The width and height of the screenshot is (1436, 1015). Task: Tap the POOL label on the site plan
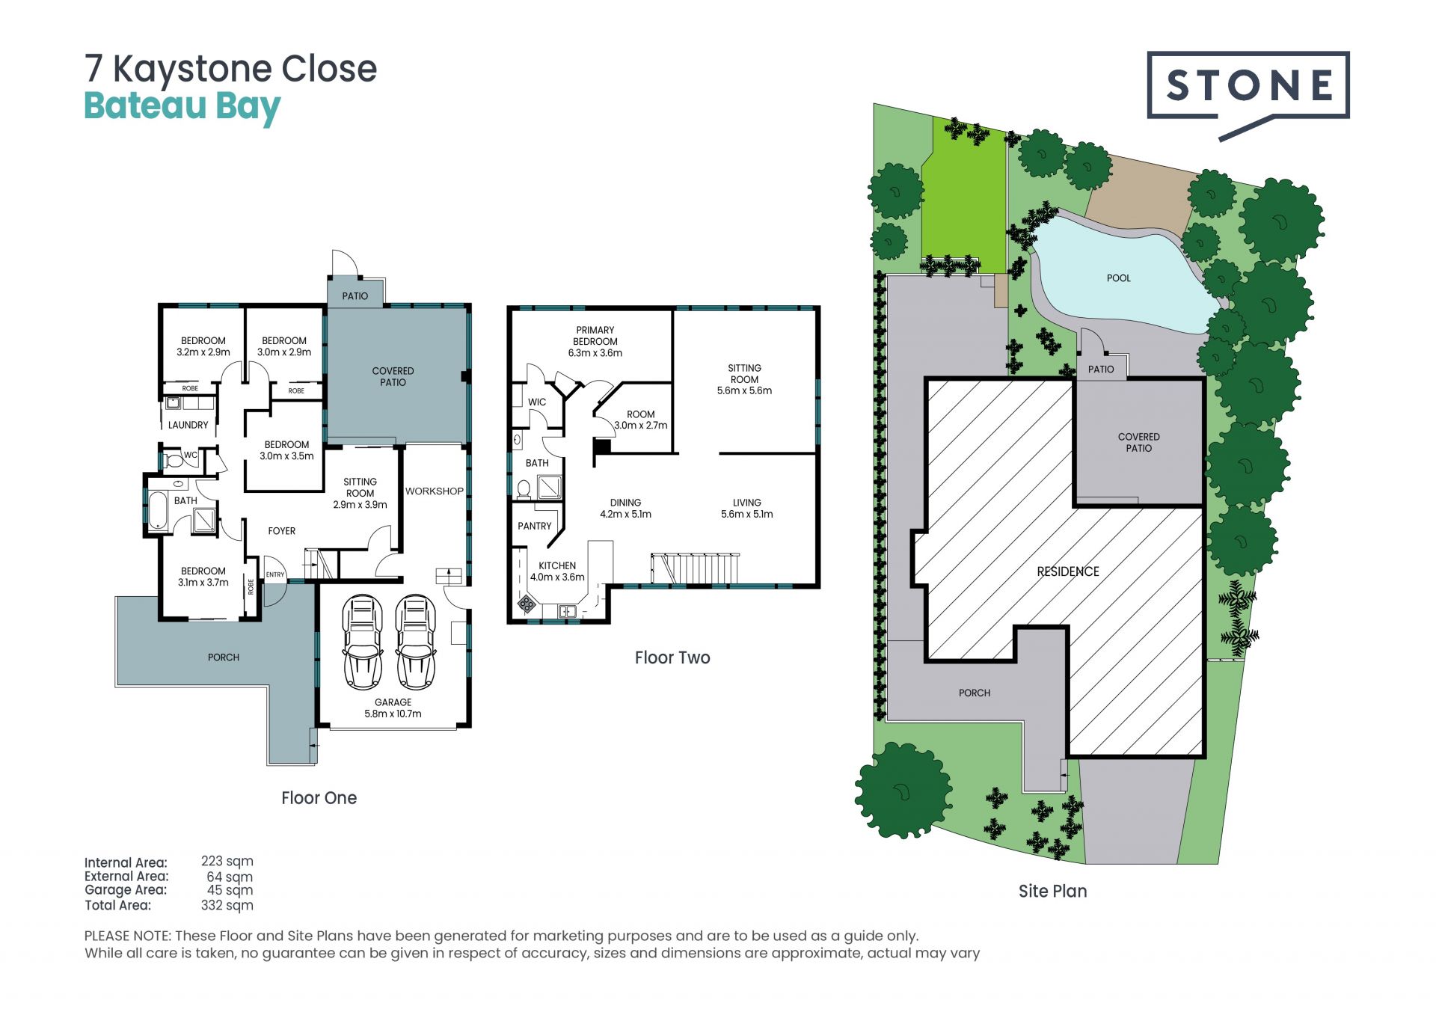(x=1118, y=278)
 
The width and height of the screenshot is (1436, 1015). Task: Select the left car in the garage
(x=363, y=642)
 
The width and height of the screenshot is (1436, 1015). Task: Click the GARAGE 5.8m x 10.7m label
(x=393, y=708)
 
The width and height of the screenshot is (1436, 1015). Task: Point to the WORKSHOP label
(x=434, y=491)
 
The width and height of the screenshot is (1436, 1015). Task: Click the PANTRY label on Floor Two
(x=534, y=527)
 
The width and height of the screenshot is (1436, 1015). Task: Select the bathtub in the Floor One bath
(x=158, y=511)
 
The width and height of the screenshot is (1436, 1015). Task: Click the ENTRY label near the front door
(x=275, y=574)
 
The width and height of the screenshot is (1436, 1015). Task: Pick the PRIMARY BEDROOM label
(x=595, y=341)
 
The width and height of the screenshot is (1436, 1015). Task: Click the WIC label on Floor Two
(x=537, y=402)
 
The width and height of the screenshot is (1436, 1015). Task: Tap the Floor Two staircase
(x=695, y=568)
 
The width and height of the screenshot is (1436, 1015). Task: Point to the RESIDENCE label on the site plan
(x=1067, y=571)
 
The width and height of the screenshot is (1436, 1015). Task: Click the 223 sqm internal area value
(x=227, y=861)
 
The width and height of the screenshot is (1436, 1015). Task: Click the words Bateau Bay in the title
(x=182, y=107)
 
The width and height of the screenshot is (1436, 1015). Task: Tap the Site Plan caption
(x=1052, y=891)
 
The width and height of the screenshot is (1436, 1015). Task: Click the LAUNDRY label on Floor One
(x=188, y=425)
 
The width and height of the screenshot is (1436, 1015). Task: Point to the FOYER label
(x=281, y=531)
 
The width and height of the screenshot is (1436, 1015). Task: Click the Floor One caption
(x=319, y=798)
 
